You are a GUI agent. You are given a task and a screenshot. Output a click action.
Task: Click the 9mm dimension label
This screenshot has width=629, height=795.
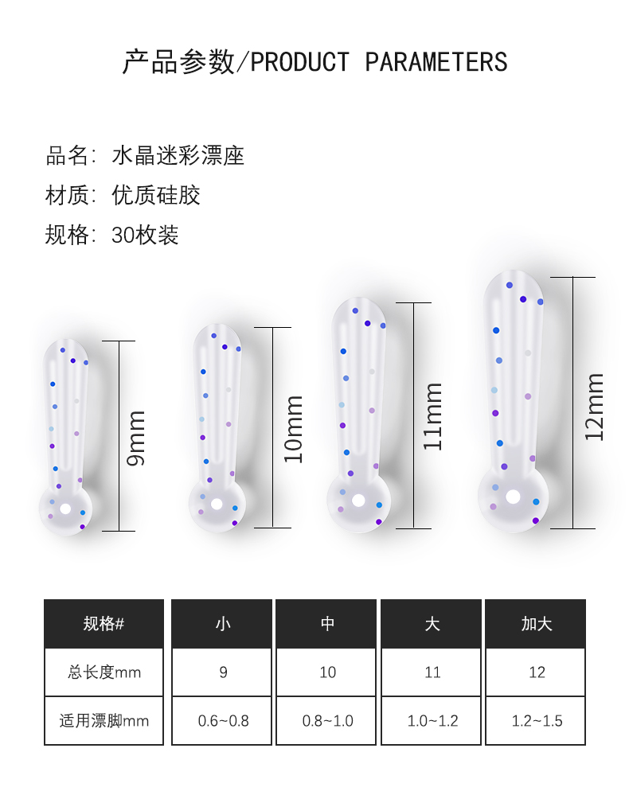coord(137,438)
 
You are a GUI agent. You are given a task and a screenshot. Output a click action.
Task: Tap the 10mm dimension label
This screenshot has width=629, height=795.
coord(295,429)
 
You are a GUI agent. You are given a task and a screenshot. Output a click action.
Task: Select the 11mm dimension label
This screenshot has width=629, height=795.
coord(433,416)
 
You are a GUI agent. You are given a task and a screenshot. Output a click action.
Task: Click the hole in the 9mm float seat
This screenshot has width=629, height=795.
coord(65,509)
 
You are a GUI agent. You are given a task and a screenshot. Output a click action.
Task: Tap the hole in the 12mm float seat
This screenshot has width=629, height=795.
coord(513,497)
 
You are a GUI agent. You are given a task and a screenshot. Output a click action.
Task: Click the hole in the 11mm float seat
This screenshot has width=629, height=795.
coord(359,501)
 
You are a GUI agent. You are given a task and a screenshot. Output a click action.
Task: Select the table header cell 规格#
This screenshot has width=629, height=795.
coord(104,624)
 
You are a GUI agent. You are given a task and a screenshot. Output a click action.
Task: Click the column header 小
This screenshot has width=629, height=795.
coord(223,624)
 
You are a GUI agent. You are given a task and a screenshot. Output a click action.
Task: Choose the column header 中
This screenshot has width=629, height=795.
coord(327,624)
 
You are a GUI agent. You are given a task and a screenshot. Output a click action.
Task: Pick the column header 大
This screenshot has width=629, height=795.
coord(432,624)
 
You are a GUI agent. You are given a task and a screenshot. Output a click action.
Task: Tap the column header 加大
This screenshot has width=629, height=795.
coord(537,624)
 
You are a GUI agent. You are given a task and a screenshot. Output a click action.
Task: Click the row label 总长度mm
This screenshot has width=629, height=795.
coord(104,672)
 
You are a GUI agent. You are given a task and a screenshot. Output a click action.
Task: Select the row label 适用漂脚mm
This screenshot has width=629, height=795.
coord(104,721)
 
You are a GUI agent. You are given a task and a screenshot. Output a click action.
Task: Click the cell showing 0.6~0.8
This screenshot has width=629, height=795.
coord(223,721)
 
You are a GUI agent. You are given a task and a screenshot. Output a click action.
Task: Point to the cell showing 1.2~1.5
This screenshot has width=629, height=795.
coord(537,721)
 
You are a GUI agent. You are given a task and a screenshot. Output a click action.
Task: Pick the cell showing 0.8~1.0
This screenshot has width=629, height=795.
coord(327,721)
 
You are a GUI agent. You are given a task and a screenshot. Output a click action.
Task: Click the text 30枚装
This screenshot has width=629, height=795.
coord(146,235)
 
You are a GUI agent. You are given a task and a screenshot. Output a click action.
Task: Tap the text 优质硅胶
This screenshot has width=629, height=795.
coord(156,195)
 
